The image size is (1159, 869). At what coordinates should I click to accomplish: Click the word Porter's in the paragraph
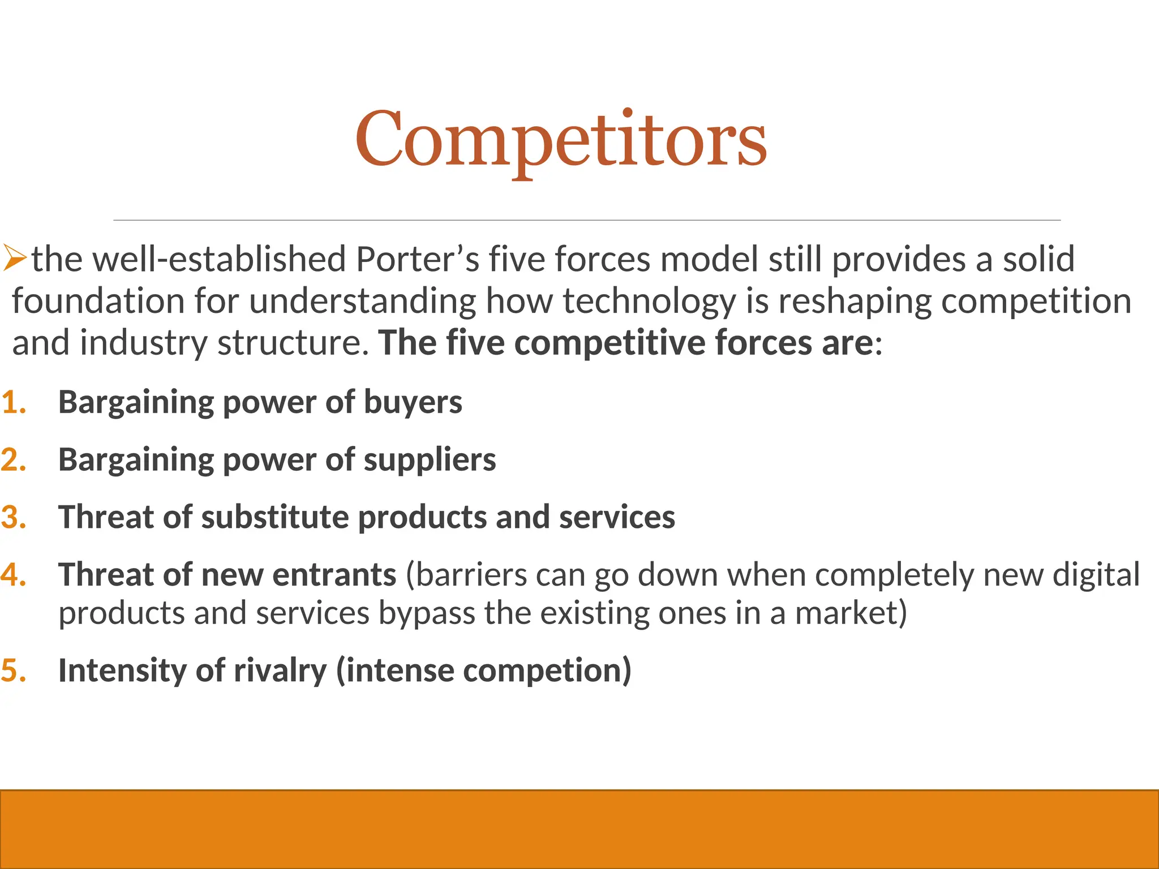point(418,259)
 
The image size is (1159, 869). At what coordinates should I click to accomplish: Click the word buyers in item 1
point(413,402)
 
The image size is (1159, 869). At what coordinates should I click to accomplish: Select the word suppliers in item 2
point(430,459)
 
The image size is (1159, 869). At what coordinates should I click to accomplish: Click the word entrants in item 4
point(334,575)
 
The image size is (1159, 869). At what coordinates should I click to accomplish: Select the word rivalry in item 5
point(280,670)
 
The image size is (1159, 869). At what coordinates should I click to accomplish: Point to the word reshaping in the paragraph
point(855,301)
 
